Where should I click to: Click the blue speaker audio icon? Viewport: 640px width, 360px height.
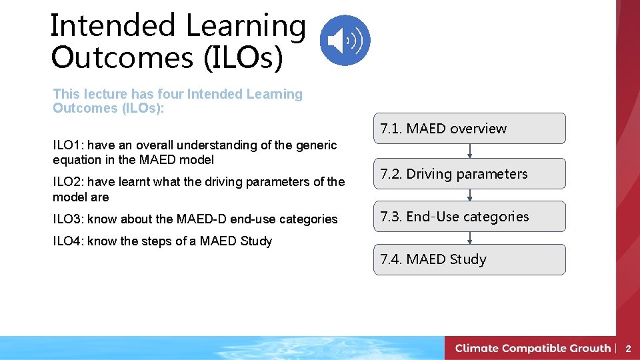click(345, 40)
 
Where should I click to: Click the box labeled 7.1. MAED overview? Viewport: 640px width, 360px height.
click(469, 129)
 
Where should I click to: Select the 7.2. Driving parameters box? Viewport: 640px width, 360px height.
click(469, 174)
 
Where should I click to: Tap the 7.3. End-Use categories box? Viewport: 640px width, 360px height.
click(469, 217)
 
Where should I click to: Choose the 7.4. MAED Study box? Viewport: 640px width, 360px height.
click(469, 259)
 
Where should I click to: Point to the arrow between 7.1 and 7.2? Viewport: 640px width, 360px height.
click(470, 151)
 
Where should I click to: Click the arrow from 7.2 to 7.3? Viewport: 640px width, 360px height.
click(470, 195)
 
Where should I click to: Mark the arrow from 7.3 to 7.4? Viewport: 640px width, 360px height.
click(470, 238)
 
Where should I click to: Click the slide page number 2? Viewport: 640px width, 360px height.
click(627, 349)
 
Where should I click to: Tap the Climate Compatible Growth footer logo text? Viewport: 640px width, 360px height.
click(533, 348)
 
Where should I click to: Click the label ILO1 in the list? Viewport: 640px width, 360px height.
click(67, 145)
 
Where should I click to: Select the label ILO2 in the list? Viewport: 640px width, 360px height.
click(67, 182)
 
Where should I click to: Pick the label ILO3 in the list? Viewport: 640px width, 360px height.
click(67, 219)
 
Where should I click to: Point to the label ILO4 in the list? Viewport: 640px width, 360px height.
click(67, 241)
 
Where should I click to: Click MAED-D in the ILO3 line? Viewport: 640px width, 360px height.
click(204, 219)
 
